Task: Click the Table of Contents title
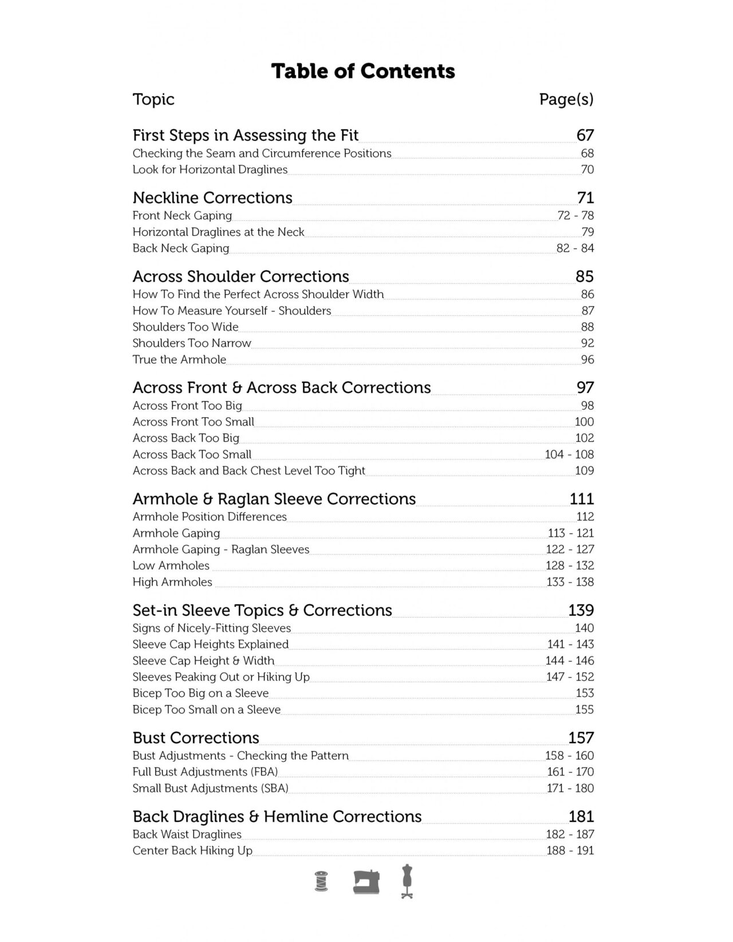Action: point(363,72)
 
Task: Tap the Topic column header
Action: point(153,100)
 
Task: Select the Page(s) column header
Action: point(566,100)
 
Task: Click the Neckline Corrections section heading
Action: point(212,198)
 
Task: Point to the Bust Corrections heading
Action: point(196,738)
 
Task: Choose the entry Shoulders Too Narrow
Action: point(192,343)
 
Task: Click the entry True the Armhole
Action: point(179,360)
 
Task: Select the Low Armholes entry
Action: point(171,566)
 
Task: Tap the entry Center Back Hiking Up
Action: point(192,851)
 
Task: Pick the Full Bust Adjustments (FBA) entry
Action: point(205,772)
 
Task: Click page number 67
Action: point(585,136)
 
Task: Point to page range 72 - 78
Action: point(576,216)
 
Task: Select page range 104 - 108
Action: point(569,454)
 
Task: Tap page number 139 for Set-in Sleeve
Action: point(581,611)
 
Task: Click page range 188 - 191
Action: point(570,851)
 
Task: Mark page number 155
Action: point(585,710)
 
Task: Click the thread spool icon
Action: point(322,881)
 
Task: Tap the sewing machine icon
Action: point(366,881)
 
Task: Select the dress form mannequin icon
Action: point(407,881)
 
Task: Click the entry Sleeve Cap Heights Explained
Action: point(211,644)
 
